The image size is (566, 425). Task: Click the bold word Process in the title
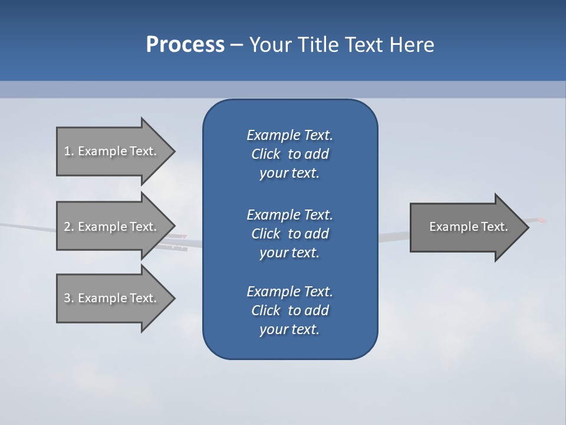point(185,45)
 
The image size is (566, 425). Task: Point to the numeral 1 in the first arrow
point(67,151)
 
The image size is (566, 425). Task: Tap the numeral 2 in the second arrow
point(67,227)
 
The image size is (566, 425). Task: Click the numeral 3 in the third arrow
point(67,298)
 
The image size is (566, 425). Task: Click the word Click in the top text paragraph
point(265,154)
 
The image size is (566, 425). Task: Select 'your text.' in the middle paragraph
point(289,253)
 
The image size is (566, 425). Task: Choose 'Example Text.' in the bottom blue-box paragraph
point(289,292)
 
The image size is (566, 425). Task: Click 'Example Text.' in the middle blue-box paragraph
point(289,214)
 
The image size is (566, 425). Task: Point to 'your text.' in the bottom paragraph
point(289,329)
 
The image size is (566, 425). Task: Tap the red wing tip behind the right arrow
point(541,220)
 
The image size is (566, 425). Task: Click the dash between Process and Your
point(236,45)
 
